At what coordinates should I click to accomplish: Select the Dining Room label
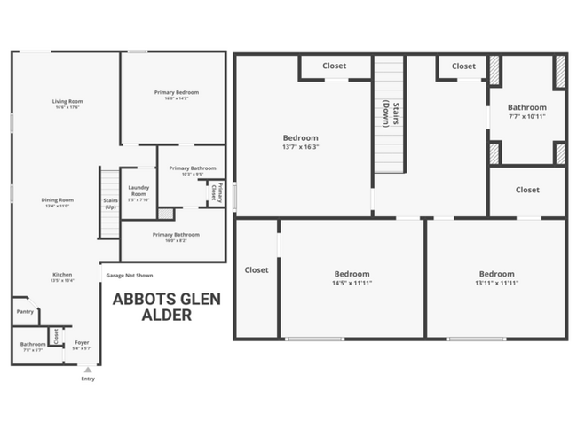[57, 200]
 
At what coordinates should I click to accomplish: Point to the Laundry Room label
[138, 191]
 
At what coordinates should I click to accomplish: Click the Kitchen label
[62, 275]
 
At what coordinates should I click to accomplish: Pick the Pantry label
[24, 311]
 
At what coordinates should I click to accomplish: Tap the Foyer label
[82, 342]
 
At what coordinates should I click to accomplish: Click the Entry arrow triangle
[87, 369]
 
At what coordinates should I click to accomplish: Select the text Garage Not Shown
[130, 275]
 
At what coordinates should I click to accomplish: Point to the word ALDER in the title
[167, 315]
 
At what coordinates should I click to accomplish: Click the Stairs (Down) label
[387, 114]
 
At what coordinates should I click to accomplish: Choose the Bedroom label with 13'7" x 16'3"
[300, 138]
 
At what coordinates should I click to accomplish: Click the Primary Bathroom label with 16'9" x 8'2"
[176, 235]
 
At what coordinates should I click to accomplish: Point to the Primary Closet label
[215, 193]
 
